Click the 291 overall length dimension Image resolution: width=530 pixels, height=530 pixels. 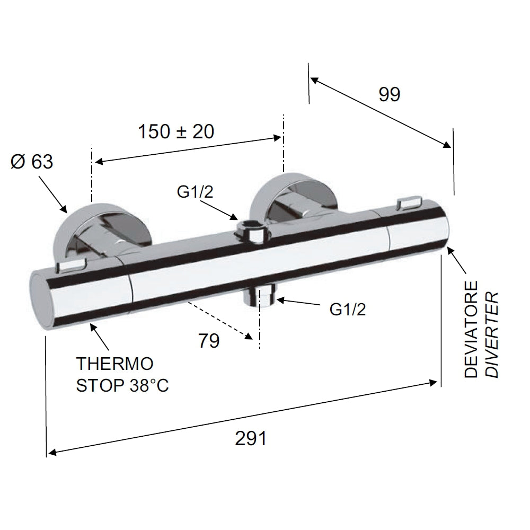[x=251, y=439]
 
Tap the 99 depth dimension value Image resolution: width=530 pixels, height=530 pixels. [x=389, y=94]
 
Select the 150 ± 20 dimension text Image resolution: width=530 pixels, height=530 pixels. [x=176, y=131]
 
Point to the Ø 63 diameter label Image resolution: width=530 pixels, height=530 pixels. [x=32, y=162]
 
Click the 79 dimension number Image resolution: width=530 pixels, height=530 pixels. [x=209, y=341]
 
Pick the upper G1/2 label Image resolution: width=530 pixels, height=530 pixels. [x=195, y=192]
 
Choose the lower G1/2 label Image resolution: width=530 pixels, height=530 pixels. [x=348, y=310]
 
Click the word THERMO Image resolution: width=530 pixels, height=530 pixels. [x=115, y=364]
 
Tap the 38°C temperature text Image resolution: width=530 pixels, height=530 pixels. [x=149, y=385]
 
